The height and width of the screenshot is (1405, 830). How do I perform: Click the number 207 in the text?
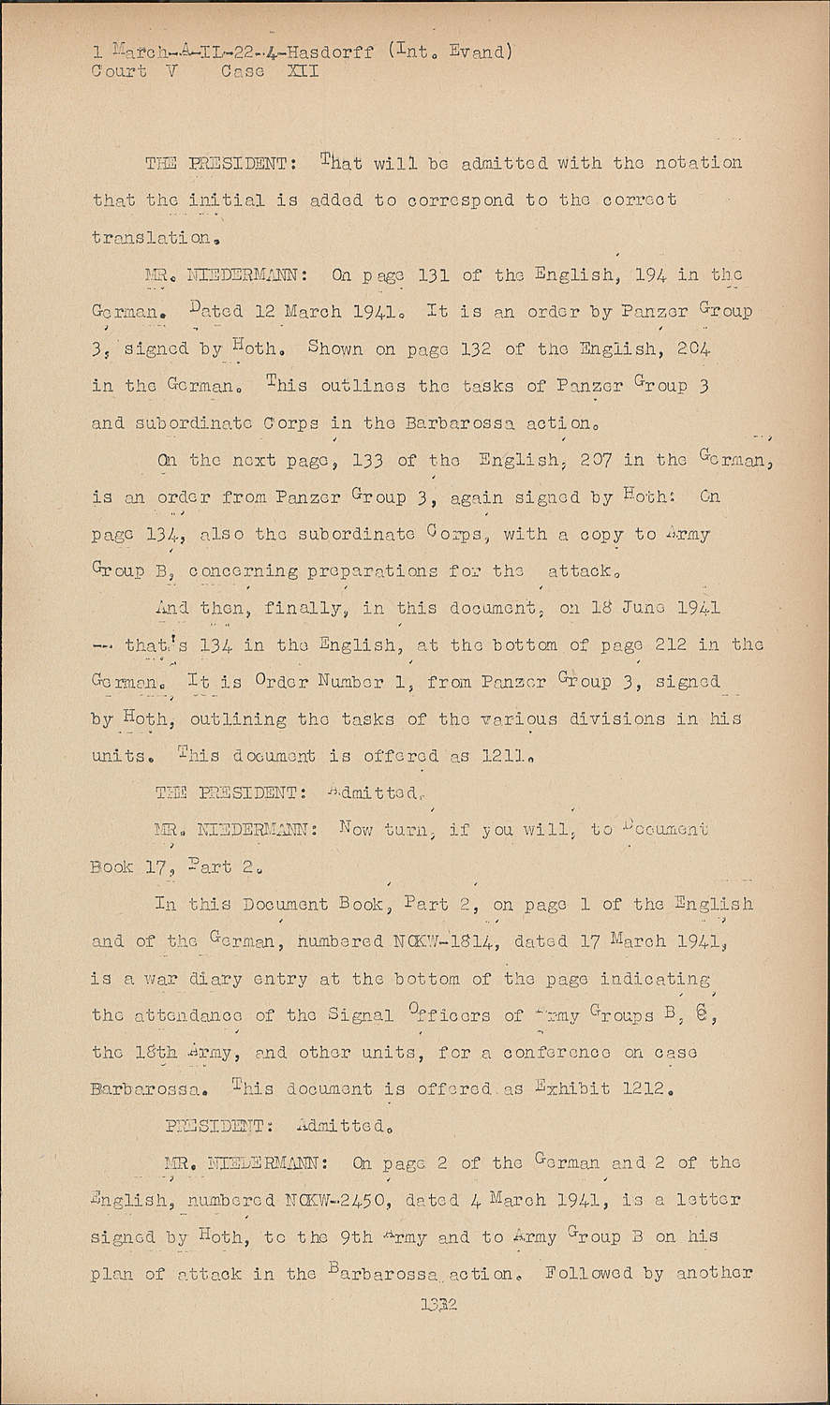pos(597,460)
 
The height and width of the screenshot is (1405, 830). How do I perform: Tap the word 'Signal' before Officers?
pos(361,1015)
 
